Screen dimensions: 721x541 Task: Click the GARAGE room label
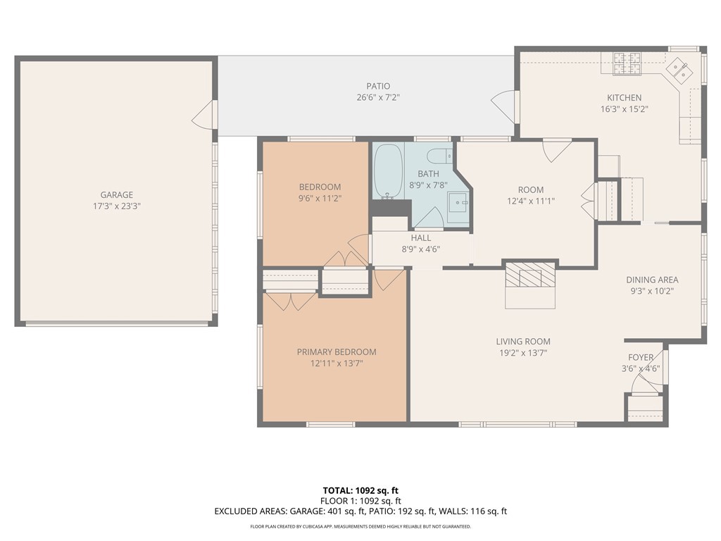click(x=117, y=194)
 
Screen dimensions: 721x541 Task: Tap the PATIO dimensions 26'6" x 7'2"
click(x=378, y=97)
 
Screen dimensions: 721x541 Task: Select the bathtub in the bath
click(x=388, y=171)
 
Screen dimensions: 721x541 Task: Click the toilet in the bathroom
click(x=439, y=156)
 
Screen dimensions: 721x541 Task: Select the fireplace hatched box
click(x=530, y=275)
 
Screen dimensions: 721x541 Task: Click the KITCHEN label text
click(x=625, y=97)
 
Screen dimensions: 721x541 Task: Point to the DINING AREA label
click(x=652, y=280)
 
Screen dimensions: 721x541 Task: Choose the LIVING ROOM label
click(x=523, y=342)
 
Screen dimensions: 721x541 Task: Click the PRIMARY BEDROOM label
click(x=337, y=352)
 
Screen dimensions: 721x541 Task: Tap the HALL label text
click(x=421, y=238)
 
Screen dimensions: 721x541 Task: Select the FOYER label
click(x=641, y=357)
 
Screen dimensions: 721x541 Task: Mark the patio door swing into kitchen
click(x=503, y=106)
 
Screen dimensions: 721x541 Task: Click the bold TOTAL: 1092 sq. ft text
click(x=360, y=490)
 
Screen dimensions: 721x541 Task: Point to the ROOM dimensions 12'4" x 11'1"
click(x=531, y=201)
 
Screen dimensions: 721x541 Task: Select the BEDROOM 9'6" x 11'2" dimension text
click(x=320, y=198)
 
